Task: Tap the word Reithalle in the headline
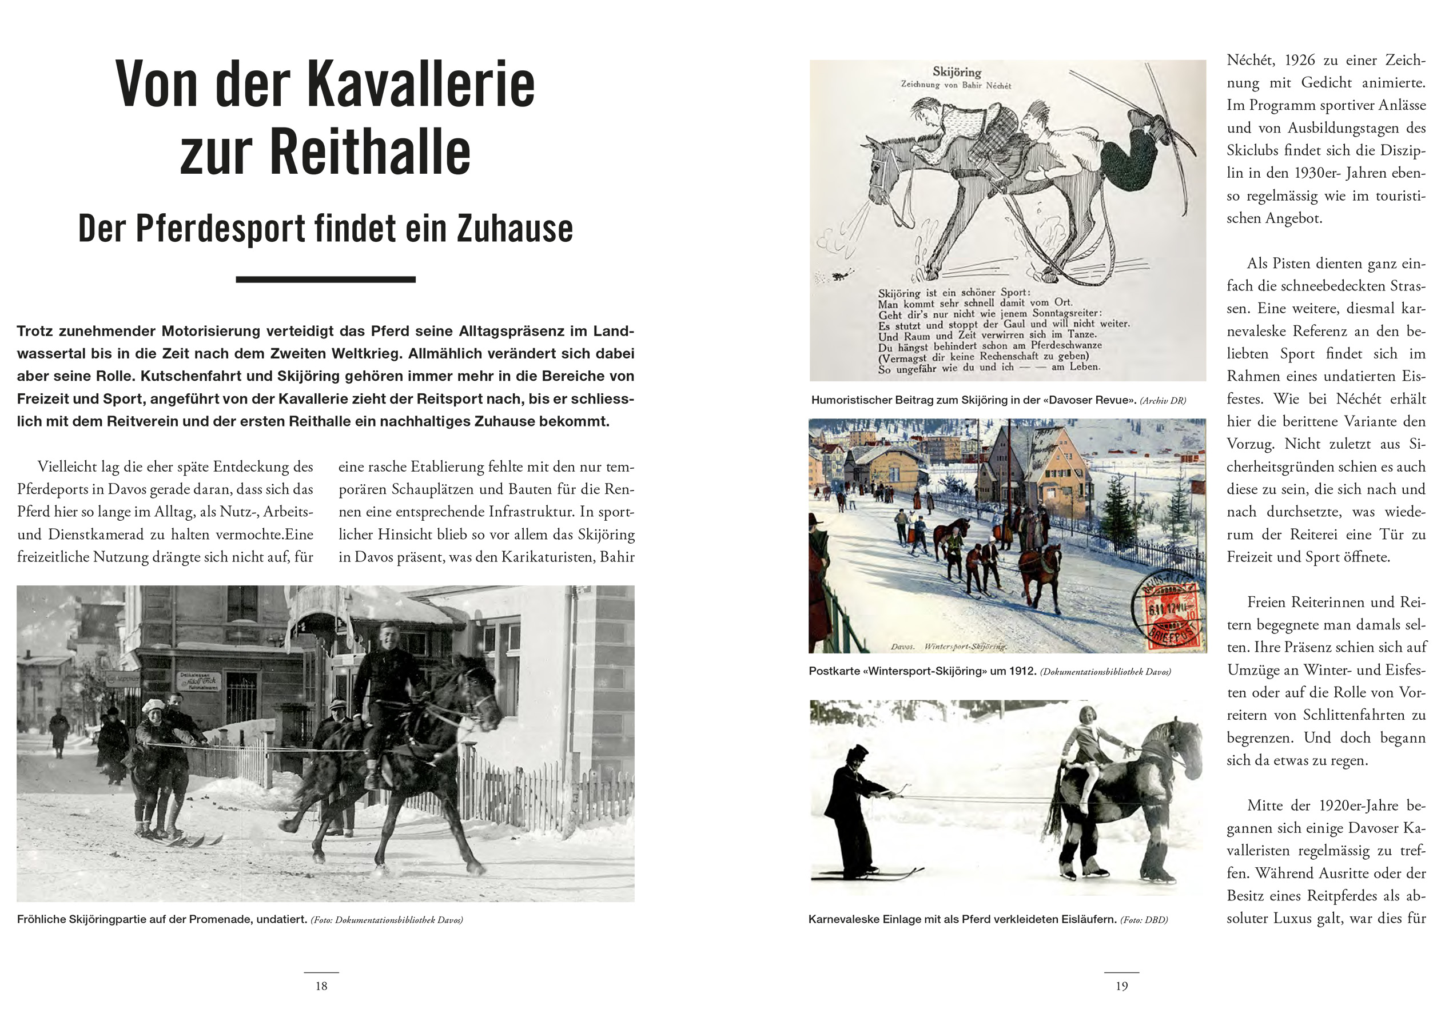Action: (x=370, y=152)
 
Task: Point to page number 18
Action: (x=321, y=986)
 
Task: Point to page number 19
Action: (x=1121, y=986)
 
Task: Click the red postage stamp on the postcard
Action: (x=1172, y=615)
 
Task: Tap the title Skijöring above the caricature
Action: (x=956, y=71)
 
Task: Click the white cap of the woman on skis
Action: (x=153, y=706)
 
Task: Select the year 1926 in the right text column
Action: (x=1303, y=61)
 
